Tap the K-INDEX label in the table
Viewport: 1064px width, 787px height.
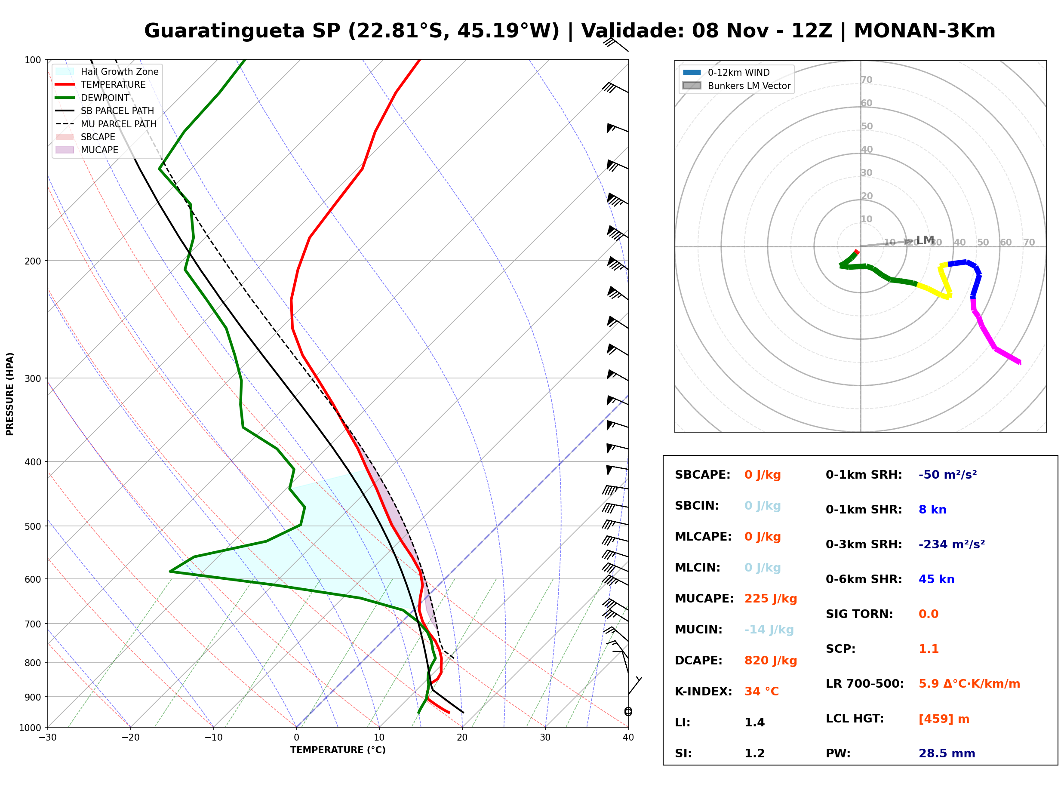(703, 692)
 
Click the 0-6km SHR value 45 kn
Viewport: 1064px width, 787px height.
(936, 579)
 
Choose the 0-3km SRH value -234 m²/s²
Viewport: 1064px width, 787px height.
(952, 544)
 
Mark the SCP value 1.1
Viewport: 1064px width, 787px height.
(928, 649)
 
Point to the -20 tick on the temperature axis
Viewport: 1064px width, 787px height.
(130, 738)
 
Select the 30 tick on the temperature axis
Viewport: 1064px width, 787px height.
(545, 738)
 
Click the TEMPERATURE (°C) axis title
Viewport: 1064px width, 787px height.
(338, 750)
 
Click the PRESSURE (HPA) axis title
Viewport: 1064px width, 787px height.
(10, 394)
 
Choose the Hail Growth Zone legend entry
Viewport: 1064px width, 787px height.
(107, 71)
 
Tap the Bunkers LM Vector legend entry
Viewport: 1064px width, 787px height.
(736, 86)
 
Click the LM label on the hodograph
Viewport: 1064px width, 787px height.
(925, 240)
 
